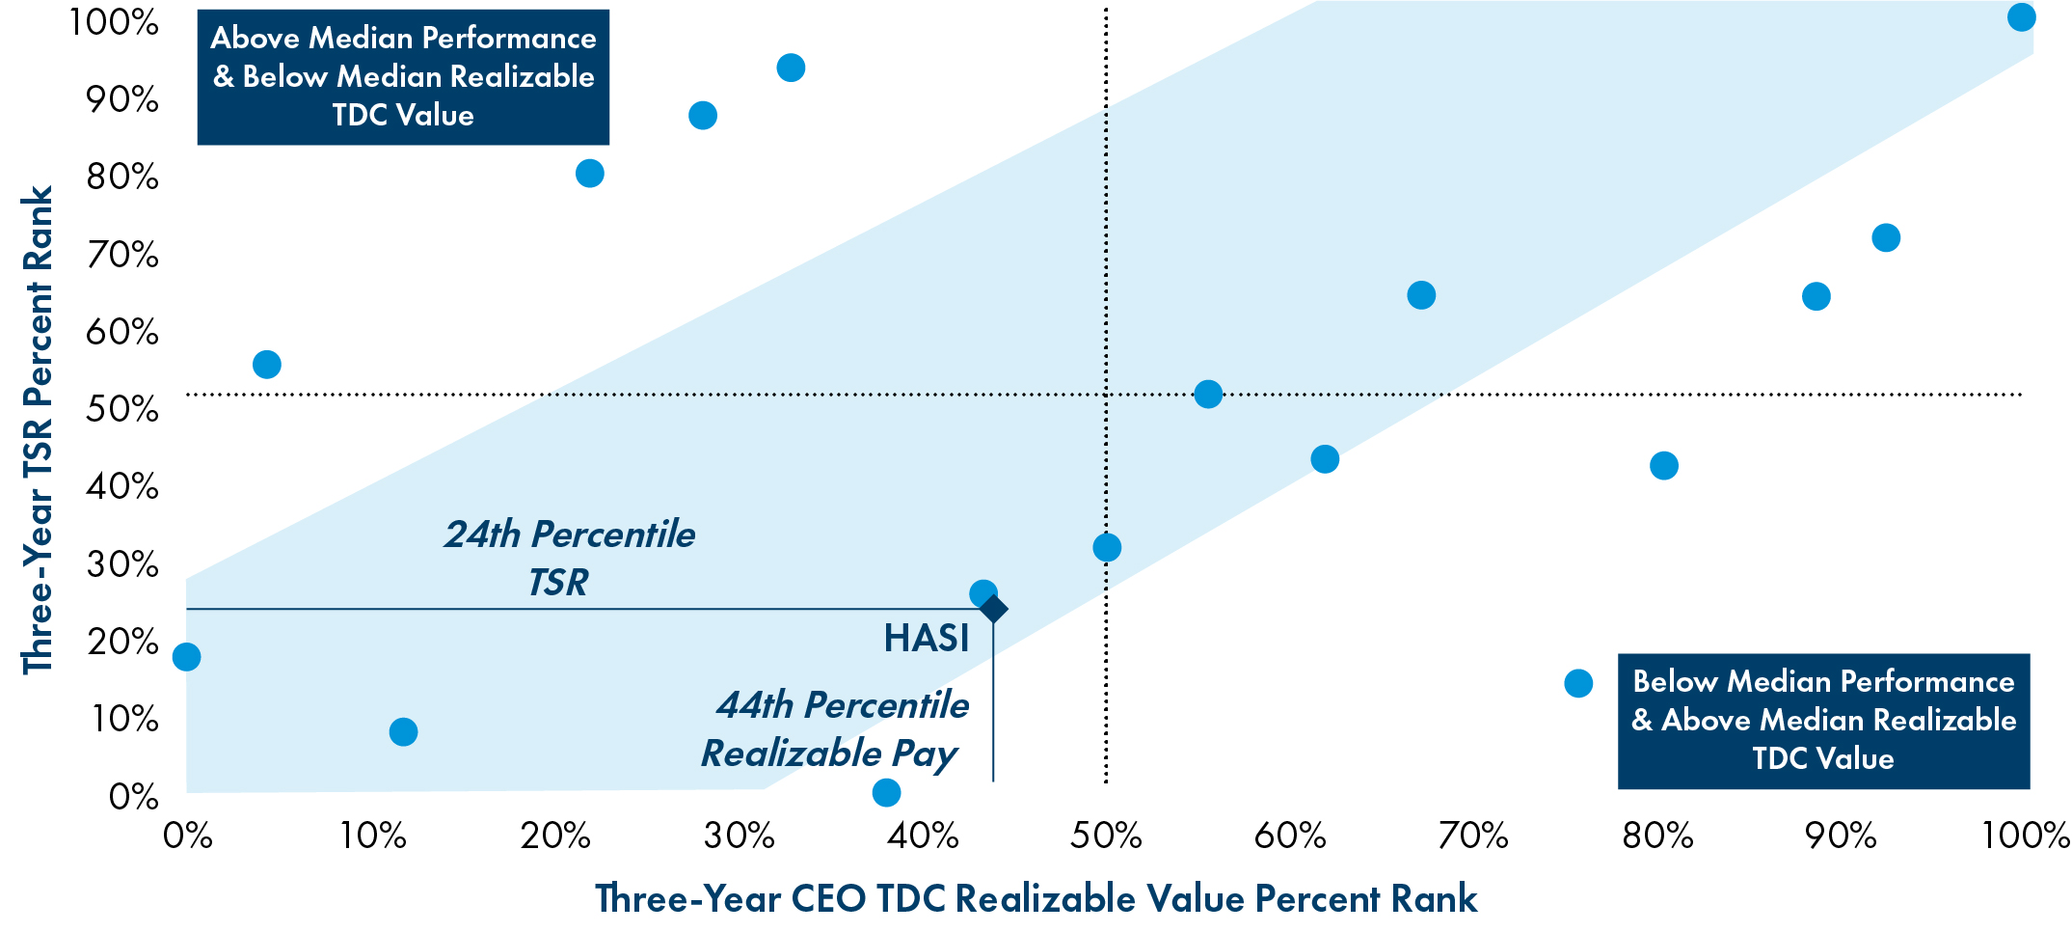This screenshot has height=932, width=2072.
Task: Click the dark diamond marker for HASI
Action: point(993,609)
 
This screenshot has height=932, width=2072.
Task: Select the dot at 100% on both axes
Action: point(2021,17)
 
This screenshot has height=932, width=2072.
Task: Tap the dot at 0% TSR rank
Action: point(886,792)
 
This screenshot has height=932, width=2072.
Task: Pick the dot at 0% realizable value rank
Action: point(186,657)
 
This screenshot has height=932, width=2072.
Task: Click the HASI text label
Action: point(926,639)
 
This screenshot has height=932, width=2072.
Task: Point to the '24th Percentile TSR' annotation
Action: point(569,558)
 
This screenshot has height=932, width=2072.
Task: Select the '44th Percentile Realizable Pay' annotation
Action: point(835,728)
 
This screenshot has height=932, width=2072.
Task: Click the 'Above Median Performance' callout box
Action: point(403,77)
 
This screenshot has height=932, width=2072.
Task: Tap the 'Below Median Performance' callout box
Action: point(1823,721)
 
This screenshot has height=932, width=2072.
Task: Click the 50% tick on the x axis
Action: point(1106,836)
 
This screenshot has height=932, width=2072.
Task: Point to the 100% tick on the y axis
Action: point(114,21)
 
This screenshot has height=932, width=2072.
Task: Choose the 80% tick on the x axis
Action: point(1657,836)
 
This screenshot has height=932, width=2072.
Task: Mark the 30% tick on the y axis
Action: point(122,564)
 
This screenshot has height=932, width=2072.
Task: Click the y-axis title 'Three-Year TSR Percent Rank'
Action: point(39,430)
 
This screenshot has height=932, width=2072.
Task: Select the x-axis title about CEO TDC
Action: point(1036,898)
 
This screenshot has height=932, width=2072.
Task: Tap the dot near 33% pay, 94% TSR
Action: point(791,68)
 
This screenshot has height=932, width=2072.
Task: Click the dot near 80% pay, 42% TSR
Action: point(1663,466)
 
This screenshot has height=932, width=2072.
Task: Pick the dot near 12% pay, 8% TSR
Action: point(403,732)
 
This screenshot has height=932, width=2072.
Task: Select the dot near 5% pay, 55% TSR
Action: point(266,365)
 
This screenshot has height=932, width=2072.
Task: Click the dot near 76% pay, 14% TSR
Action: point(1578,683)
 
